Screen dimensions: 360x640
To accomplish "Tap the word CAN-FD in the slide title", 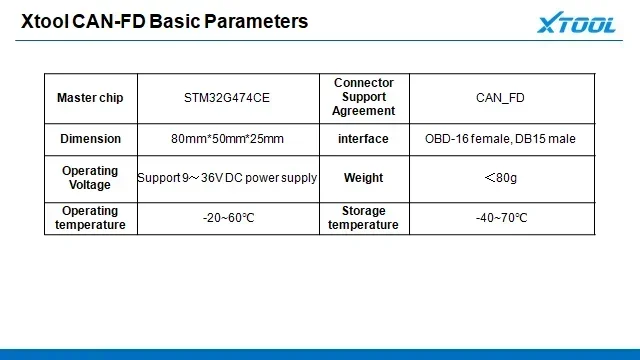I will coord(107,21).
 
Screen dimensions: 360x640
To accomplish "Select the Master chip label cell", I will coord(90,98).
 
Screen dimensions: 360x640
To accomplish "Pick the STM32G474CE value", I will coord(228,98).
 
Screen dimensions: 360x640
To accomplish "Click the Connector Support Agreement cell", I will coord(364,98).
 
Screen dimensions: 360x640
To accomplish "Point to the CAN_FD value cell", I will coord(500,98).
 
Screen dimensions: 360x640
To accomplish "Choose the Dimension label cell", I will coord(90,139).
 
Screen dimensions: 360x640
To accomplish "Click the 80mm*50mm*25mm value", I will coord(228,139).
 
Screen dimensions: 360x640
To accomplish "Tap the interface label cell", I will coord(364,139).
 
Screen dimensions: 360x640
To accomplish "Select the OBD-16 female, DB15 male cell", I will coord(500,139).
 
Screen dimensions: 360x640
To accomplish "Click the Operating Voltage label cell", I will coord(90,178).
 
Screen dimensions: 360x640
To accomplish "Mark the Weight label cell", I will coord(364,178).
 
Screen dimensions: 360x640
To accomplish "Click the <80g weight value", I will coord(500,178).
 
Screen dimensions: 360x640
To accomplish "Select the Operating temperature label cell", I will coord(90,218).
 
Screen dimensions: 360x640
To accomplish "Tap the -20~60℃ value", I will coord(228,218).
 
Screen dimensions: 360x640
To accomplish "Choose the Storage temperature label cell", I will coord(364,218).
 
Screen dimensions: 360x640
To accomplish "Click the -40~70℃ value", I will coord(500,218).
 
